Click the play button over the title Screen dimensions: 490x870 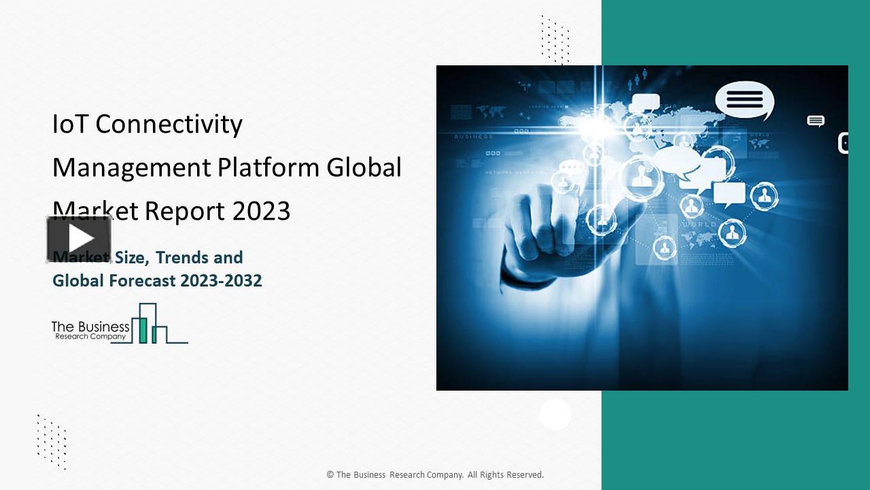(x=80, y=239)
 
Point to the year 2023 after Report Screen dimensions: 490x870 (x=261, y=211)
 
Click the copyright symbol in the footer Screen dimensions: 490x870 (x=330, y=475)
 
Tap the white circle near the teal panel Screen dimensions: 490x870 (x=555, y=414)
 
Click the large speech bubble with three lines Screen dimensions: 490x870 (x=744, y=100)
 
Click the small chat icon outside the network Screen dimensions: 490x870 (x=816, y=121)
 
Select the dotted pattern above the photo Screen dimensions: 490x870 (x=555, y=39)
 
